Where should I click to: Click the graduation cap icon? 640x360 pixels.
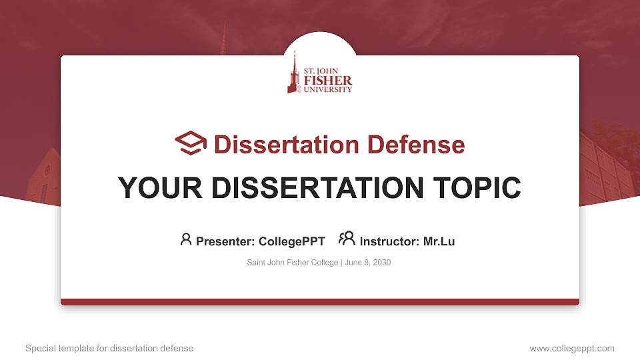191,143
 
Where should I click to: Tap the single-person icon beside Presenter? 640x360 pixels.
186,239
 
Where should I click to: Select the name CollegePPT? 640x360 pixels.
291,241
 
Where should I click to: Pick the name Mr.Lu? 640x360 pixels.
439,241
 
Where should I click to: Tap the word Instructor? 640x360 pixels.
390,241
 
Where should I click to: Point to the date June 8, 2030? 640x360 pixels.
368,263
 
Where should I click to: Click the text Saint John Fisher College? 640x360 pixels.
293,263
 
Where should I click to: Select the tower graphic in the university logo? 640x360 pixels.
293,73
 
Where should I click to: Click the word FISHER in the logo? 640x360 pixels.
327,80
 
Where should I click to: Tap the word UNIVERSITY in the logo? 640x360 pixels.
327,89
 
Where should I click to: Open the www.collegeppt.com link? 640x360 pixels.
572,348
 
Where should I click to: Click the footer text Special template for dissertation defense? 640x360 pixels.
109,348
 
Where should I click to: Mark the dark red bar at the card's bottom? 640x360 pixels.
320,302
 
